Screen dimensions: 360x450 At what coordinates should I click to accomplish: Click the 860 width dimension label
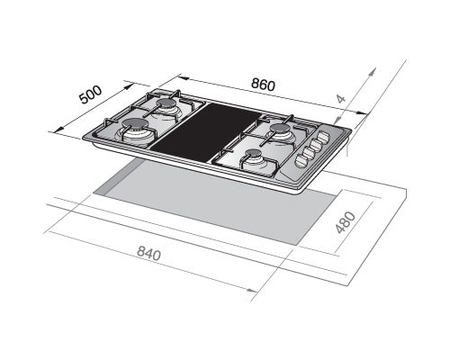coord(262,84)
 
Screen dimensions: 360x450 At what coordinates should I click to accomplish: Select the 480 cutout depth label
coord(346,221)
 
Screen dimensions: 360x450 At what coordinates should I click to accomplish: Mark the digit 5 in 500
coord(84,99)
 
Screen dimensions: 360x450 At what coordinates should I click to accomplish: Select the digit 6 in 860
coord(262,84)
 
